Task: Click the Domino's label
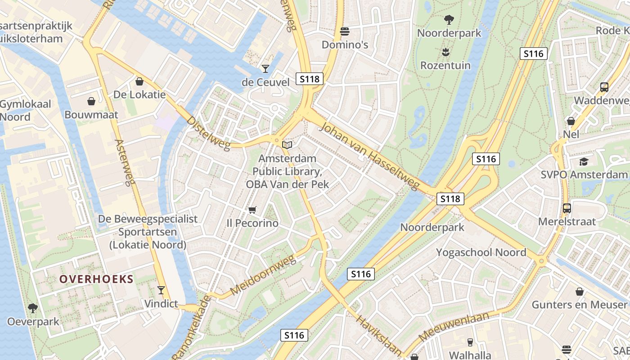click(345, 45)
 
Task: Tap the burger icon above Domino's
click(345, 31)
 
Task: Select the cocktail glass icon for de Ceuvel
click(265, 69)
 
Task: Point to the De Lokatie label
click(139, 94)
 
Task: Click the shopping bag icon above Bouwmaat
click(91, 101)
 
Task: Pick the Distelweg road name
click(208, 134)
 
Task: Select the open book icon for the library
click(287, 145)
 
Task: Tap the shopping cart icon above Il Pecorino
click(252, 210)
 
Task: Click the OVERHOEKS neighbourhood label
click(97, 279)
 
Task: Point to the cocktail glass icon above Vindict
click(161, 290)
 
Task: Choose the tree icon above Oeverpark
click(33, 308)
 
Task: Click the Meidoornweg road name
click(263, 275)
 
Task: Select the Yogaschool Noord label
click(481, 252)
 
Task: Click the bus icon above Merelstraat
click(567, 208)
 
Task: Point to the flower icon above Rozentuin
click(445, 52)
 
